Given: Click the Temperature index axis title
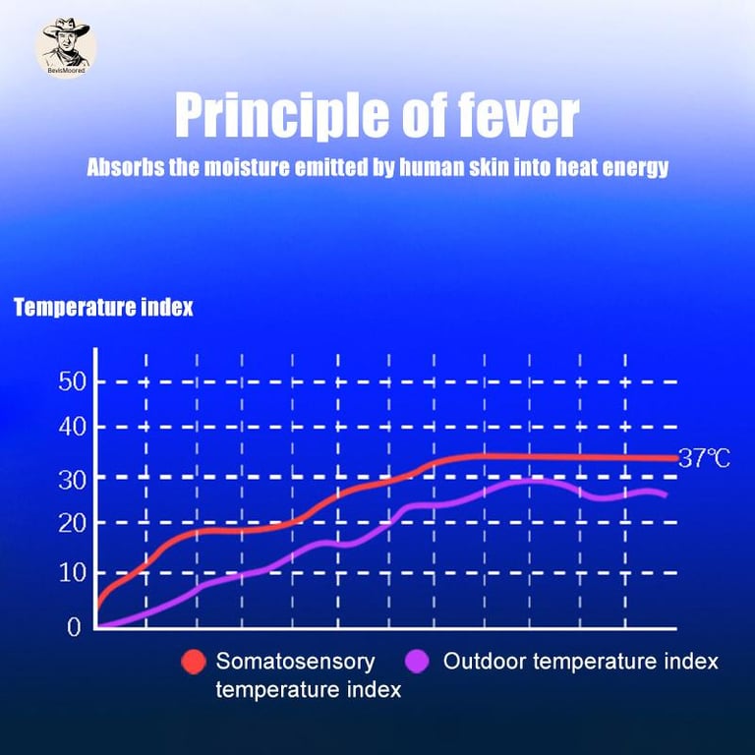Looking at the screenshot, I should tap(103, 308).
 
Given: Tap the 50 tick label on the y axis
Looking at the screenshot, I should tap(75, 381).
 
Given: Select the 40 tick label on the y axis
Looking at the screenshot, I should tap(75, 427).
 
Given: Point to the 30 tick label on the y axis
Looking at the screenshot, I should tap(75, 478).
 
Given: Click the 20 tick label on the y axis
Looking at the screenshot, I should tap(75, 523).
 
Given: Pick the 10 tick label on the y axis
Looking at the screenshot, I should tap(75, 573).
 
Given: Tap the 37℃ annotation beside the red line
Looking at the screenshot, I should tap(705, 459).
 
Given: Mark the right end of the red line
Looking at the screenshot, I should tap(676, 458).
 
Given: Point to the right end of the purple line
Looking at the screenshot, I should tap(667, 494).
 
